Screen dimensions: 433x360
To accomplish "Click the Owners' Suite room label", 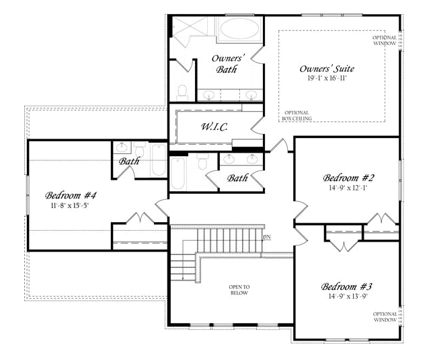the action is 327,68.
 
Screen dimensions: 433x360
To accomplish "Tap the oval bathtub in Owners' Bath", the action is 240,29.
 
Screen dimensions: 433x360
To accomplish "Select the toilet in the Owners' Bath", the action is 182,93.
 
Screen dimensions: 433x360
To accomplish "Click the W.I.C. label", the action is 214,127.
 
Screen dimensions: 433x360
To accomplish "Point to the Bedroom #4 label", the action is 71,195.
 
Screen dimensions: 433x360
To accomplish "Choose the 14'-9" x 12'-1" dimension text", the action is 348,188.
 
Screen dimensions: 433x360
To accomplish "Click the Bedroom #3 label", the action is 347,287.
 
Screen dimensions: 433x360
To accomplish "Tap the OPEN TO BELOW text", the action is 239,290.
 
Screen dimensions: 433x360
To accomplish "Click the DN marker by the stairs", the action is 267,237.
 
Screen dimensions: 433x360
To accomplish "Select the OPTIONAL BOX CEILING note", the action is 297,116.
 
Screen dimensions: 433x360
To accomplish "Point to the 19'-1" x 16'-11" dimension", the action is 327,78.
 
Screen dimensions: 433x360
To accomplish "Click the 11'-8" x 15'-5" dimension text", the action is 70,205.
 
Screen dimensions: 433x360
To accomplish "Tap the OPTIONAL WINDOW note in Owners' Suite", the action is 385,40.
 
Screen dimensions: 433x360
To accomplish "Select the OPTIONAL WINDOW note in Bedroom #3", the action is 385,317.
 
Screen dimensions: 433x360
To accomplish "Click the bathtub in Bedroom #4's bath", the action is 159,159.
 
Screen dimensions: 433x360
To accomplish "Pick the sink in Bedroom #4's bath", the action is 122,147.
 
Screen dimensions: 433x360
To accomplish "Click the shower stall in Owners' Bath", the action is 189,27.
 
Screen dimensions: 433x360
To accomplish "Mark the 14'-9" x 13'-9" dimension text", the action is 348,297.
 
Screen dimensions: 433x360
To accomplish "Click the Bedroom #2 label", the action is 348,178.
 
